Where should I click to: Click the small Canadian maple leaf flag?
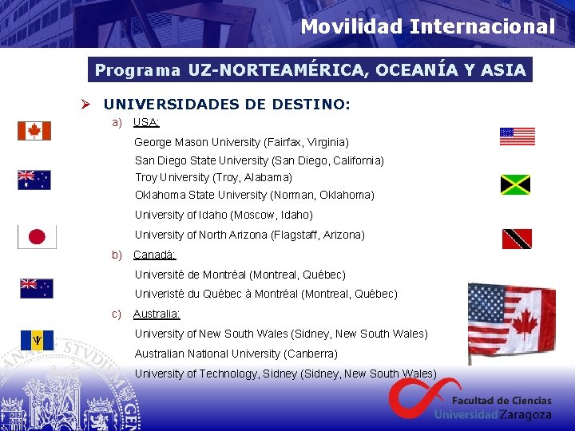(34, 131)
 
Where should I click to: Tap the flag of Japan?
(37, 236)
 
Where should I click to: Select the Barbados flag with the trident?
(37, 340)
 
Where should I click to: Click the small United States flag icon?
(517, 136)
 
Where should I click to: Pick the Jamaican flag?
(515, 185)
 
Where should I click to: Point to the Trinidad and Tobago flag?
(517, 239)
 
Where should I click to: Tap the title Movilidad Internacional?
(427, 26)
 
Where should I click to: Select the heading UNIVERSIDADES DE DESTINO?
(227, 104)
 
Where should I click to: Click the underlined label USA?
(146, 122)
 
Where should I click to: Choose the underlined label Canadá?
(154, 255)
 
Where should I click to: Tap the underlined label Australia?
(157, 314)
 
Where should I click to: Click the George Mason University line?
(241, 142)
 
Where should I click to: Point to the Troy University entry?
(213, 177)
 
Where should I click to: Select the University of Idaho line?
(224, 215)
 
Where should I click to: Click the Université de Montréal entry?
(240, 275)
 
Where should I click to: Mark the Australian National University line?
(236, 354)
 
